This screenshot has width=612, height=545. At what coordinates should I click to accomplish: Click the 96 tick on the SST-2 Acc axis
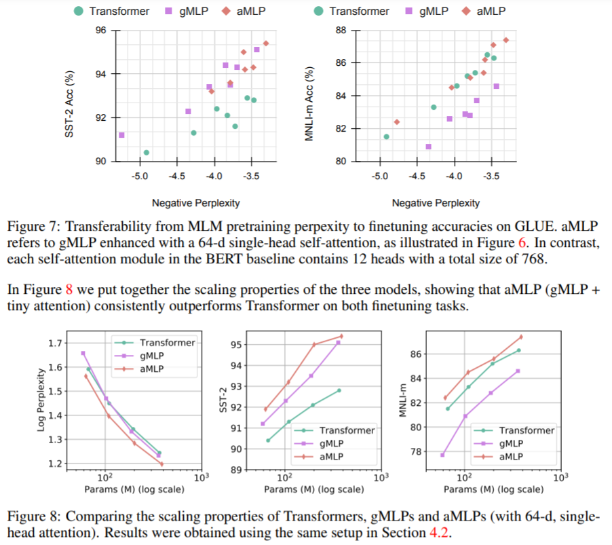click(100, 31)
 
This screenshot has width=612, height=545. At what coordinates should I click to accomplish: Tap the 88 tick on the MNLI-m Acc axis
click(341, 31)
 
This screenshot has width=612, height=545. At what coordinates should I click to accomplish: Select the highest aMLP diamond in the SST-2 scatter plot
click(266, 43)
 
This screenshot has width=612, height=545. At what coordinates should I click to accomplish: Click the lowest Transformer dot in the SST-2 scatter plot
click(147, 153)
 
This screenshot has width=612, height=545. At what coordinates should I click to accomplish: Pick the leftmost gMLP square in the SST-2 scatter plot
click(121, 135)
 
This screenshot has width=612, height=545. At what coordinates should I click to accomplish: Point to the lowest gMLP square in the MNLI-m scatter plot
click(429, 147)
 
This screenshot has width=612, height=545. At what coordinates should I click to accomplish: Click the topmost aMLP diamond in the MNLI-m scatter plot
click(505, 40)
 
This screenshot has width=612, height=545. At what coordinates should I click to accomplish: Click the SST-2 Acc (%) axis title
click(69, 96)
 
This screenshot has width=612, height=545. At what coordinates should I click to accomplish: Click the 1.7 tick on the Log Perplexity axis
click(58, 343)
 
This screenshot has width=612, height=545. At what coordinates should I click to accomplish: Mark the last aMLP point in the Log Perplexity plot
click(161, 464)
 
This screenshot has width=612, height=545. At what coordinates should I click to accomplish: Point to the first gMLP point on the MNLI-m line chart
click(442, 455)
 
